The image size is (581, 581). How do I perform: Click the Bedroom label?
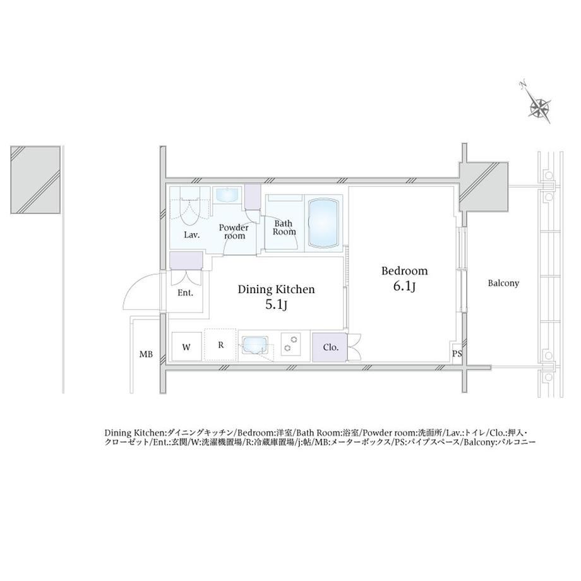404,271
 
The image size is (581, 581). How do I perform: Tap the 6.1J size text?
404,287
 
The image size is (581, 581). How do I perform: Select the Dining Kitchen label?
276,289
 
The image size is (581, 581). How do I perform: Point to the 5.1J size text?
276,304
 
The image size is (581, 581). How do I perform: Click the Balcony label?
503,284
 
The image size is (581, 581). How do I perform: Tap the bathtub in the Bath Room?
323,223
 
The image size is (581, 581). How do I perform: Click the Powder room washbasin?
228,195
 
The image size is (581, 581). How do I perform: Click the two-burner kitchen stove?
290,344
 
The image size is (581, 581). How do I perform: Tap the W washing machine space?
186,347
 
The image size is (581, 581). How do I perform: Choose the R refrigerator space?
220,345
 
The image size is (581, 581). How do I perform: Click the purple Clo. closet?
330,347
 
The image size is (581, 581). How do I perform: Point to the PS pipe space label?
457,354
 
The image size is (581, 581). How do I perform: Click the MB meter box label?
146,354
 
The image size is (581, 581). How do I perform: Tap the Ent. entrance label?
185,293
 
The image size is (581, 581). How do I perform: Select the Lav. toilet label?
192,234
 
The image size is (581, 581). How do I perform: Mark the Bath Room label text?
284,227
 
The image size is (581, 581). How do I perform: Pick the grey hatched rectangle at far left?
35,180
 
